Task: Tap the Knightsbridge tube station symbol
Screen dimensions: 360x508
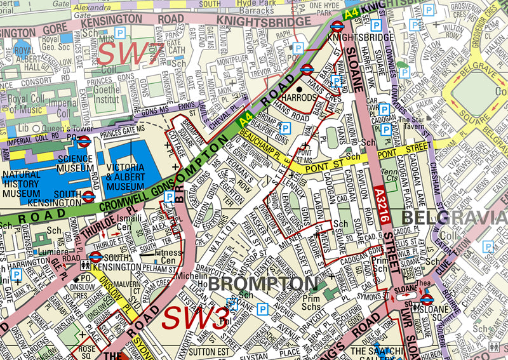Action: click(x=337, y=26)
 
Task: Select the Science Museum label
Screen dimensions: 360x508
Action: click(x=75, y=164)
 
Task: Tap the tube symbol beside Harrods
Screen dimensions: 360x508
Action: click(x=307, y=70)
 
